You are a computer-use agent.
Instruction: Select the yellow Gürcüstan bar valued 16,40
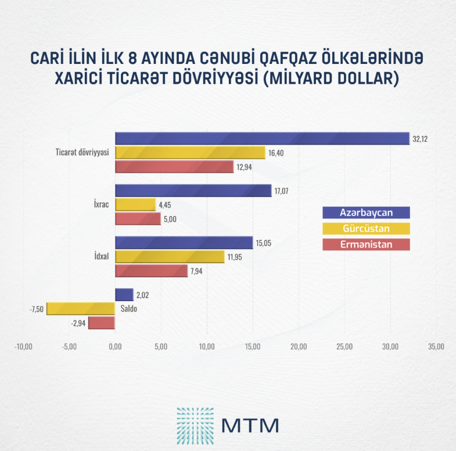pyautogui.click(x=190, y=153)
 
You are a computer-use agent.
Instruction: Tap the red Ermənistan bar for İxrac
pyautogui.click(x=138, y=219)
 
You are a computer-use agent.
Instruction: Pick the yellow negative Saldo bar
pyautogui.click(x=81, y=309)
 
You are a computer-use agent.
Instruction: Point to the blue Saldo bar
pyautogui.click(x=124, y=295)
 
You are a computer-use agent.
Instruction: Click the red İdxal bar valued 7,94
pyautogui.click(x=152, y=271)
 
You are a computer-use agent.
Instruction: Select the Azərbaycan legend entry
pyautogui.click(x=366, y=213)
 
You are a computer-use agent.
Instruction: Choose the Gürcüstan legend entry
pyautogui.click(x=366, y=228)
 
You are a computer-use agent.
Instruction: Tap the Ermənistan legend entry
pyautogui.click(x=366, y=245)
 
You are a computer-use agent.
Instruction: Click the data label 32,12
pyautogui.click(x=420, y=139)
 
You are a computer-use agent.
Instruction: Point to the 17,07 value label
pyautogui.click(x=282, y=191)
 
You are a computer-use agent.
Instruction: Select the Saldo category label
pyautogui.click(x=129, y=309)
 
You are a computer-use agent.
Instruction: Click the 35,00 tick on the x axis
pyautogui.click(x=436, y=347)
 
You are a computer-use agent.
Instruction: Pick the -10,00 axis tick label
pyautogui.click(x=23, y=347)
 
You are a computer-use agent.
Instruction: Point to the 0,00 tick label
pyautogui.click(x=115, y=347)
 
